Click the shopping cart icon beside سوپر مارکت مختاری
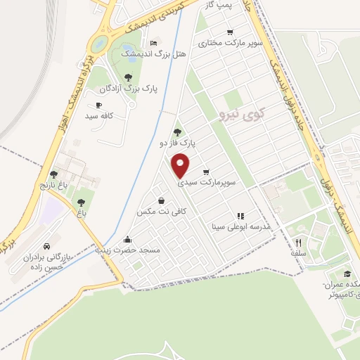point(230,32)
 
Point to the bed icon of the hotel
point(155,42)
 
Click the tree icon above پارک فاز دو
point(176,131)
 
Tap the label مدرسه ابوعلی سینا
point(241,227)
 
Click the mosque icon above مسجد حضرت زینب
point(127,238)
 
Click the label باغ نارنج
point(51,185)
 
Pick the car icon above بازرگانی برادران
point(46,247)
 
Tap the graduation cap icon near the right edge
point(347,274)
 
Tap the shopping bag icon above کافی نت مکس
point(162,200)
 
